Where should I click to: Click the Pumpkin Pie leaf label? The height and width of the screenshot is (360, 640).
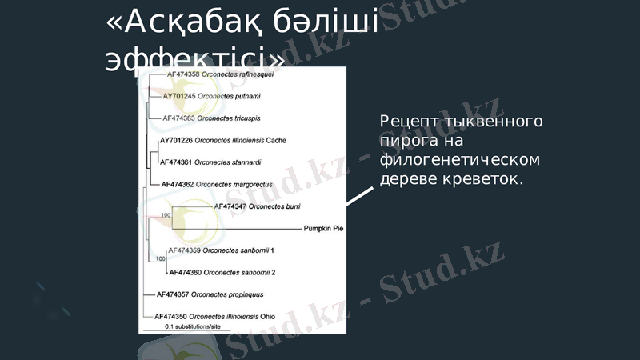tap(323, 228)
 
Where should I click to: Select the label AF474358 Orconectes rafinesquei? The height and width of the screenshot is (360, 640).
tap(220, 74)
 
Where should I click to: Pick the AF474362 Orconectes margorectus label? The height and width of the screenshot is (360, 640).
tap(217, 184)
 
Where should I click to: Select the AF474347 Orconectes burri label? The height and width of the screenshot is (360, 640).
tap(258, 206)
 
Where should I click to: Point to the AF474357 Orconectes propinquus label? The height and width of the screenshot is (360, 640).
tap(210, 294)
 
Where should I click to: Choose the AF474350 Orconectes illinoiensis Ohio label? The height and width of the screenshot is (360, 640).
tap(214, 316)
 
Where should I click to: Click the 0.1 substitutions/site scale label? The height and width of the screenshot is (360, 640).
tap(193, 326)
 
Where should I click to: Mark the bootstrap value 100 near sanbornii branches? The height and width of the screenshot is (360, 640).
tap(161, 258)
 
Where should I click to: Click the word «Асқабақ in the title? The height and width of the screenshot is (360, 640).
tap(183, 24)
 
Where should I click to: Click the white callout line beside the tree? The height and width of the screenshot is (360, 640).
tap(359, 196)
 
